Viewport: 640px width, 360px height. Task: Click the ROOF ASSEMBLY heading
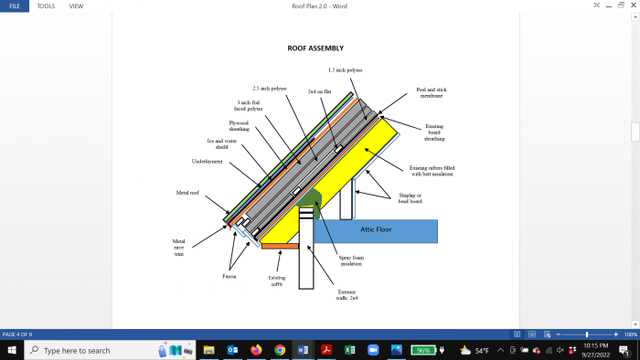315,48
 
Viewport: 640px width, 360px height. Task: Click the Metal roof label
188,193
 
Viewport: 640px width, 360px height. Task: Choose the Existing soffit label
276,281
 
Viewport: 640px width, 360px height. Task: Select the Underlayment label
207,161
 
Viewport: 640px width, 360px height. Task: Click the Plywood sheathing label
239,125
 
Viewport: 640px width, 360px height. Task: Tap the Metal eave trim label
179,248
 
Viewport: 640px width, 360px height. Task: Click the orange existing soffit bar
281,246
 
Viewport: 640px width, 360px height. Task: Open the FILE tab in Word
14,5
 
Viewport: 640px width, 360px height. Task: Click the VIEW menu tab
76,5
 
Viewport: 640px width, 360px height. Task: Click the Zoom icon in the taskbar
372,350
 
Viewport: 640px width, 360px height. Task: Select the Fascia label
229,275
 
